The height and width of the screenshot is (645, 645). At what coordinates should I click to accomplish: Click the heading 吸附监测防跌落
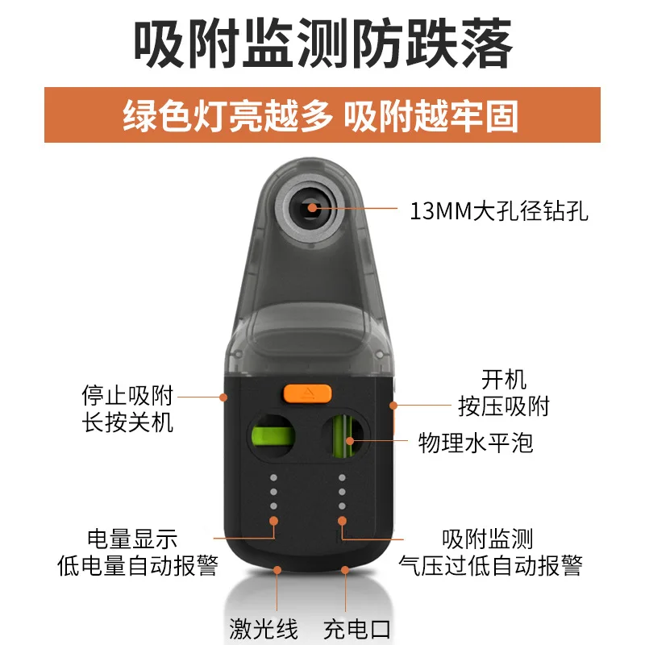click(x=323, y=44)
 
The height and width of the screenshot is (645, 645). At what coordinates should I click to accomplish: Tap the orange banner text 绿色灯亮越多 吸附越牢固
click(x=320, y=116)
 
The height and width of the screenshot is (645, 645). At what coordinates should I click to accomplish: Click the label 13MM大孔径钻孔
click(x=499, y=210)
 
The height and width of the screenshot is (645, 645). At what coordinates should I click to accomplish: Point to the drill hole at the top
click(x=312, y=209)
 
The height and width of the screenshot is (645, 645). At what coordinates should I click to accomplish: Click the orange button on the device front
click(x=307, y=393)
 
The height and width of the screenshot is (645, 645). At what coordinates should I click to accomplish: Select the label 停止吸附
click(x=127, y=396)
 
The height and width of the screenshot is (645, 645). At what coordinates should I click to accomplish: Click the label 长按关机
click(x=127, y=422)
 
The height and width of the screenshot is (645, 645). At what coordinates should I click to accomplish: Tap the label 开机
click(x=504, y=379)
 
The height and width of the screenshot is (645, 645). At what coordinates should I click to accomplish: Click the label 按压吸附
click(x=504, y=406)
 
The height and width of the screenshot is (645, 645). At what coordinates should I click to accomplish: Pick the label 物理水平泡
click(x=476, y=443)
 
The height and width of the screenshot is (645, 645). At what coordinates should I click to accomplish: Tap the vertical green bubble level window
click(x=343, y=436)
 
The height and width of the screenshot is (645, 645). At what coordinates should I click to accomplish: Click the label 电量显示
click(x=132, y=539)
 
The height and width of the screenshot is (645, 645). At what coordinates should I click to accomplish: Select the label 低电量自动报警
click(x=138, y=566)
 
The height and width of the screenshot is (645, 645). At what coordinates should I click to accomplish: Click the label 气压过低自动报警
click(x=491, y=566)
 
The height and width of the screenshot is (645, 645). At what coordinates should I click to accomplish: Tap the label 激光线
click(x=264, y=629)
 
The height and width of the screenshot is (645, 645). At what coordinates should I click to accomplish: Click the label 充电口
click(x=356, y=629)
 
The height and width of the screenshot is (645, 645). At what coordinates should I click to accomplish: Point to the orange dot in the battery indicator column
click(x=273, y=521)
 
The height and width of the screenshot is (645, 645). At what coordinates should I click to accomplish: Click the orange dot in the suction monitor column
click(x=342, y=521)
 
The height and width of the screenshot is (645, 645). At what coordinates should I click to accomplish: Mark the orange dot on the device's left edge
click(x=223, y=397)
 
